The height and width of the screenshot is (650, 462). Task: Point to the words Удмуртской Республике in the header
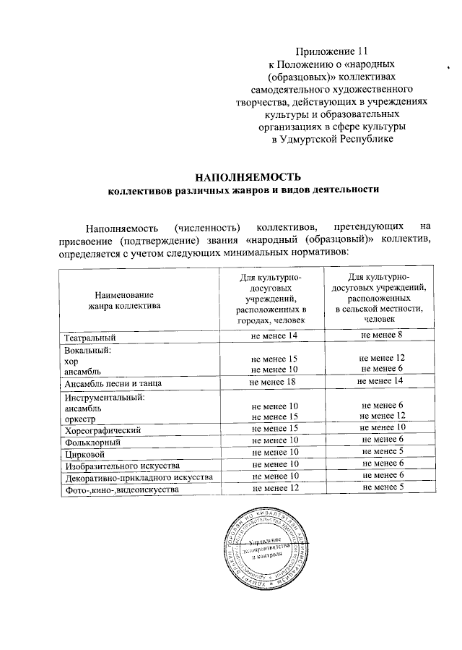(333, 138)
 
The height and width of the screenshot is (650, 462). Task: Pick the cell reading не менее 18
(274, 381)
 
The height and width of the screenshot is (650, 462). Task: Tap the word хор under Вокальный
(71, 359)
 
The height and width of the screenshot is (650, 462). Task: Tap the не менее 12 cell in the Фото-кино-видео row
(274, 489)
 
